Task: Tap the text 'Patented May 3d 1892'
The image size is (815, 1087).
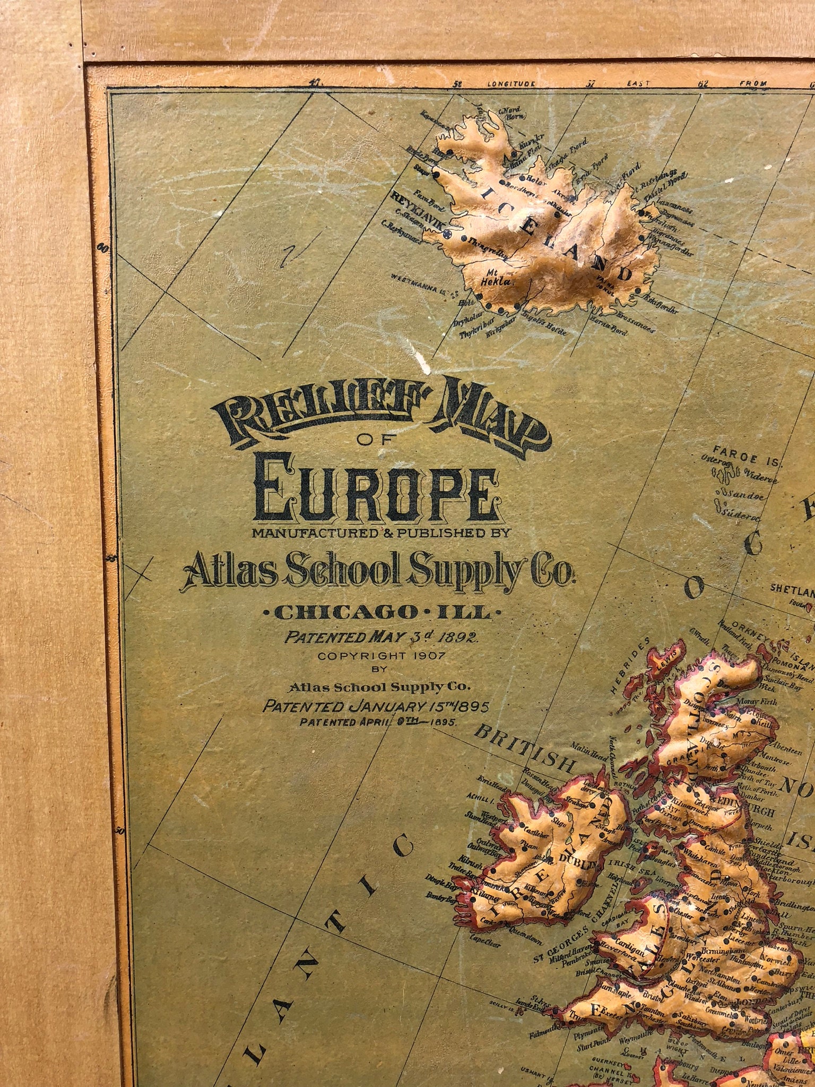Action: pyautogui.click(x=381, y=637)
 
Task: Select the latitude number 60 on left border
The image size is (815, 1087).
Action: pyautogui.click(x=105, y=246)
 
